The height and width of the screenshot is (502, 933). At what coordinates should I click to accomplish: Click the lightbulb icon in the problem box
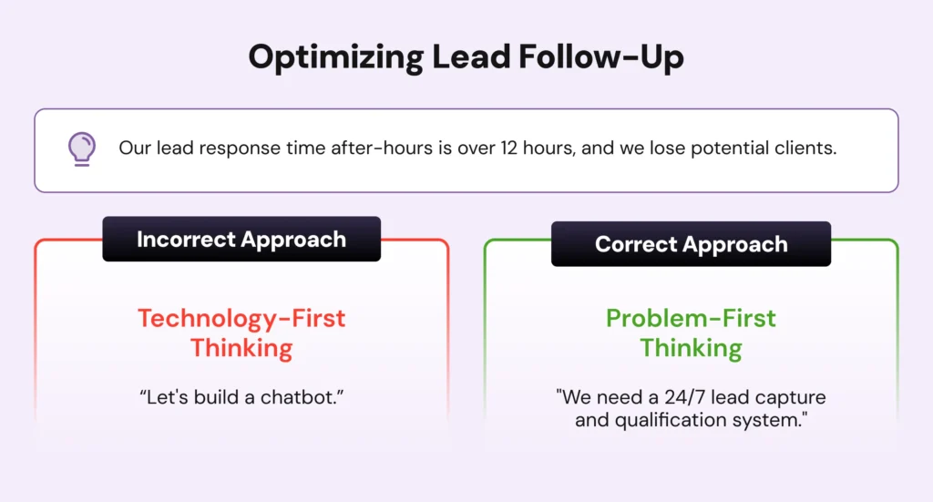[x=82, y=149]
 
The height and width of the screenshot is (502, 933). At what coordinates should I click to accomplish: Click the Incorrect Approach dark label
[x=241, y=240]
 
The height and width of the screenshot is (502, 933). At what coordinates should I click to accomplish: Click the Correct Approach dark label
[x=691, y=244]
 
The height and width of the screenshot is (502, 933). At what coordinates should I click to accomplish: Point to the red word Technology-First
[x=241, y=319]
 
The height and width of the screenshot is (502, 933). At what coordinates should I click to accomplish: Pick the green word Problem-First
[x=691, y=319]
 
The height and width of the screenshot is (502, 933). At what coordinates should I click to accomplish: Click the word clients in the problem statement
[x=804, y=148]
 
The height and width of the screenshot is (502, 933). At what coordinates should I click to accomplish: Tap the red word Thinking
[x=241, y=348]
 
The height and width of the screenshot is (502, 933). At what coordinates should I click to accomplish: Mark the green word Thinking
[x=691, y=348]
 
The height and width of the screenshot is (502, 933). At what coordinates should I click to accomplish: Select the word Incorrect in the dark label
[x=185, y=240]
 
